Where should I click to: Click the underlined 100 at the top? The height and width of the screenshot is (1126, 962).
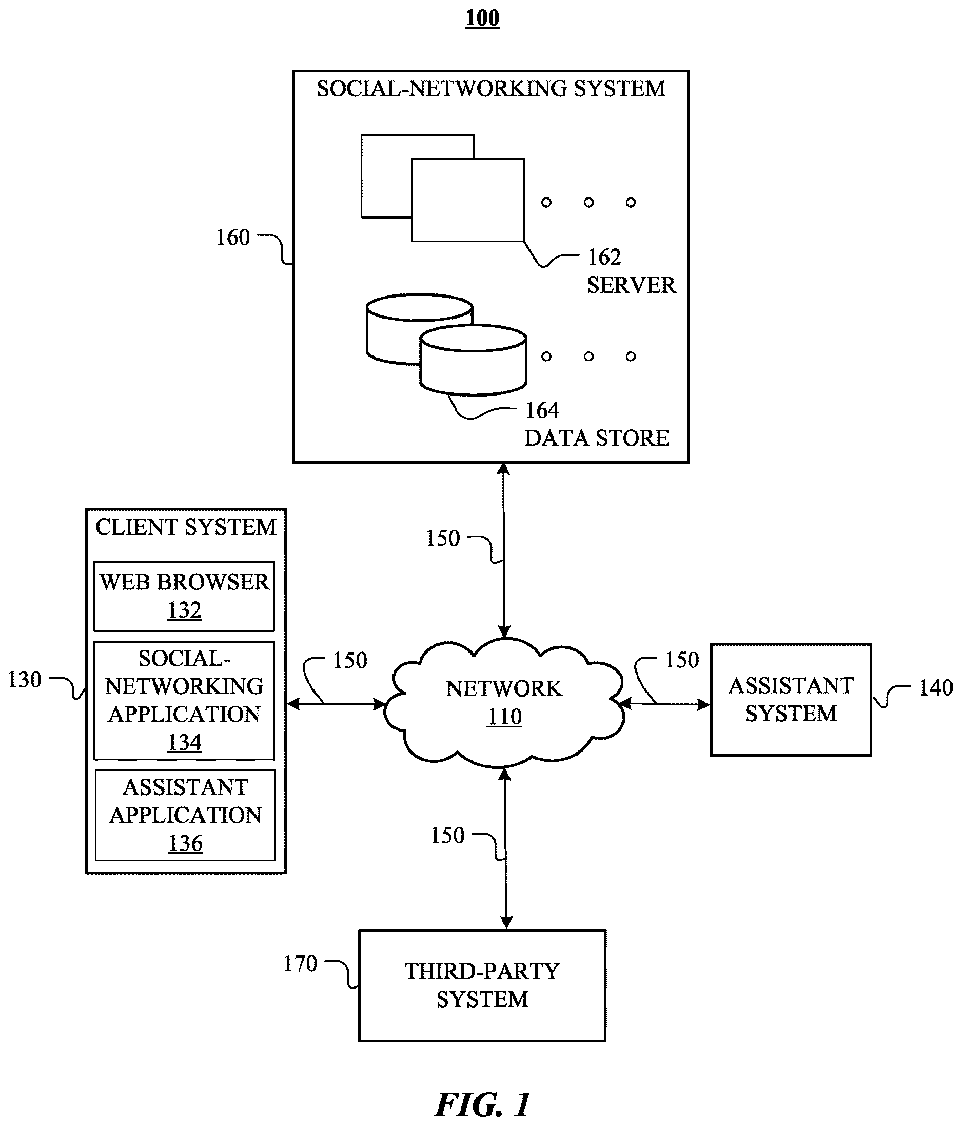tap(482, 18)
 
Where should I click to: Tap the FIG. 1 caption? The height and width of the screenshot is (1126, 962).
tap(483, 1104)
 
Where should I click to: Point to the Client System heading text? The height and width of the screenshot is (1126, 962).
tap(186, 527)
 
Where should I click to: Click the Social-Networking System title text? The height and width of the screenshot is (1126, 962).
tap(491, 88)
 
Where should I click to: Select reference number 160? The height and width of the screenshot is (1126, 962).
tap(233, 238)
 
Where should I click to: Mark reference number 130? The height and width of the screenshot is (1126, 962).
tap(25, 680)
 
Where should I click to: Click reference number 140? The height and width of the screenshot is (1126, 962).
tap(936, 688)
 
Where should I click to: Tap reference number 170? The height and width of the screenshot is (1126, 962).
tap(300, 963)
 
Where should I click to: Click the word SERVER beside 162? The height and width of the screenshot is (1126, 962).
tap(632, 285)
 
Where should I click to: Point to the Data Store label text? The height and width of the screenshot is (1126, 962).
tap(597, 438)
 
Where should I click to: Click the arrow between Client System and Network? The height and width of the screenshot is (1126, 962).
tap(336, 704)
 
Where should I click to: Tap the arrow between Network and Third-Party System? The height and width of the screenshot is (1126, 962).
tap(505, 849)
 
